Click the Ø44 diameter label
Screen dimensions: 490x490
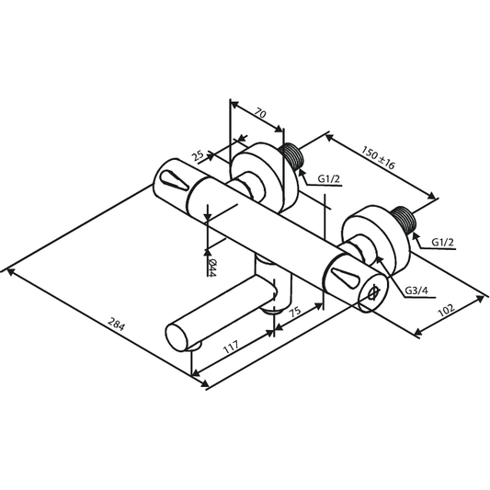[211, 268]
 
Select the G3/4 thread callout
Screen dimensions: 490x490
[416, 291]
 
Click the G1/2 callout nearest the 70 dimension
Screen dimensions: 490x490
[331, 177]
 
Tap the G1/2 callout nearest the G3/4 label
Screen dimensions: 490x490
[445, 241]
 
